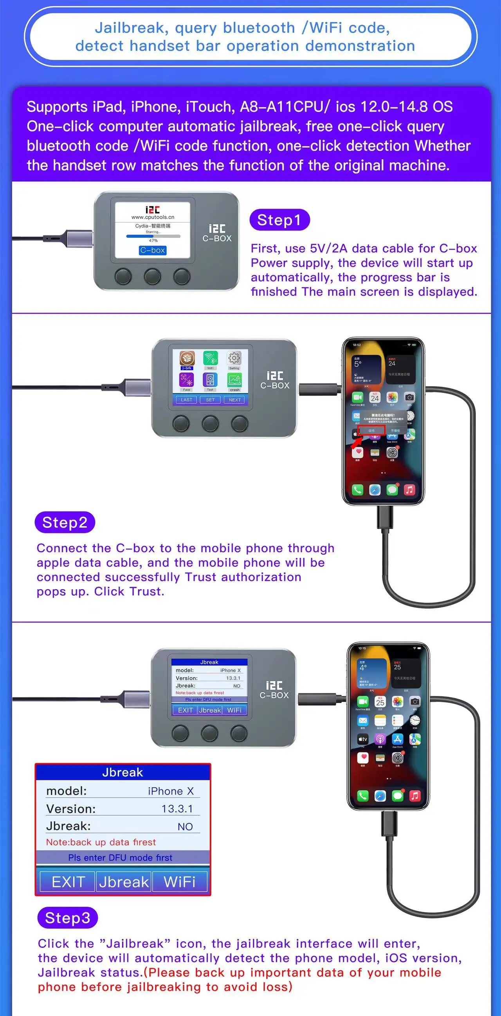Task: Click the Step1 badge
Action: click(279, 220)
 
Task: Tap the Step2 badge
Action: click(65, 522)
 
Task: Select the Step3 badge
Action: click(67, 918)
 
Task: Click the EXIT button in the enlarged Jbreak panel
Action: click(68, 882)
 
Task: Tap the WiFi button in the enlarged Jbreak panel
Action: click(180, 882)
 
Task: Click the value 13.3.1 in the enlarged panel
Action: click(177, 809)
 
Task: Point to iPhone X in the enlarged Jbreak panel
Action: click(171, 791)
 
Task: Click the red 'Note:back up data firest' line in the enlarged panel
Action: click(101, 842)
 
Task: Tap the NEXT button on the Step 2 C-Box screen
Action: click(234, 400)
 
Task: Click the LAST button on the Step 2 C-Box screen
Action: click(186, 400)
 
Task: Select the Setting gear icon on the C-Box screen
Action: click(234, 358)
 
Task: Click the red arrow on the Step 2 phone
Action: click(357, 441)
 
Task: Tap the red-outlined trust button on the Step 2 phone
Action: click(371, 430)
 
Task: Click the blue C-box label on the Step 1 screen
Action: click(153, 250)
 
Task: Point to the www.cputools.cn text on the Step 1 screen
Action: click(153, 217)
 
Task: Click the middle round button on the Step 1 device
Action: click(152, 276)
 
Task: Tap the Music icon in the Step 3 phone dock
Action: click(414, 795)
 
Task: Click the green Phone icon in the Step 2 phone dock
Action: click(357, 490)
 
